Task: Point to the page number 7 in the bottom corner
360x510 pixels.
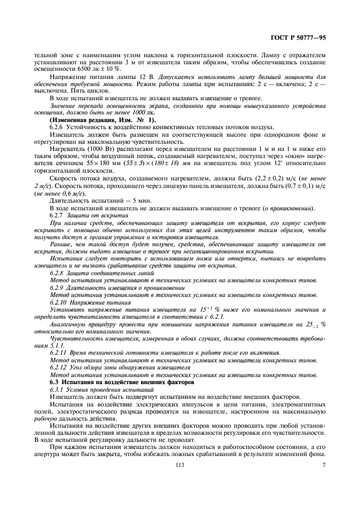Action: [324, 465]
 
